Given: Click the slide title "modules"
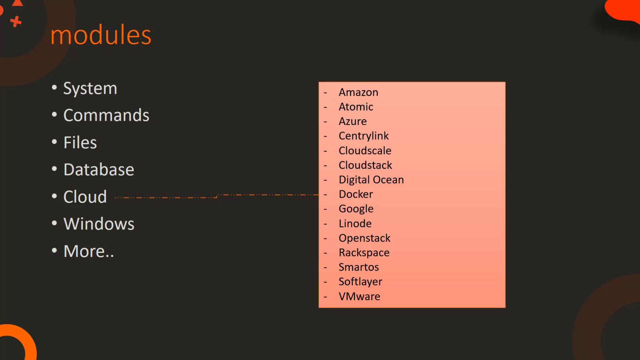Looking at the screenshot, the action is [x=101, y=35].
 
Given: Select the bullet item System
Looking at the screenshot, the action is [x=90, y=89].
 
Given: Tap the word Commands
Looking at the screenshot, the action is [x=106, y=115].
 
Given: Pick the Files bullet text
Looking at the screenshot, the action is [x=80, y=143].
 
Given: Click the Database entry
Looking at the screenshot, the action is [x=99, y=170].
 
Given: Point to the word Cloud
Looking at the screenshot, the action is [x=85, y=197].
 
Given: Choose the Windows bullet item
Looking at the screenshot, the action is [x=99, y=224].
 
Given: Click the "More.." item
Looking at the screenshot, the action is [x=89, y=251].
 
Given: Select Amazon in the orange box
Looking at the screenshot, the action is [x=358, y=92].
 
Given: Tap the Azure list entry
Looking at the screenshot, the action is [x=353, y=121].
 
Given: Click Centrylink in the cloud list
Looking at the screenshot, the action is [x=364, y=136].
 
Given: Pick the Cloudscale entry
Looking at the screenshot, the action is [x=365, y=151].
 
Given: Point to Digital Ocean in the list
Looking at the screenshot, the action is [x=371, y=180].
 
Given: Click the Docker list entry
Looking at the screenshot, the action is [x=356, y=194].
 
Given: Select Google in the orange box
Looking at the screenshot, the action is [x=356, y=209].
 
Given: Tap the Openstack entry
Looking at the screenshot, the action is [x=364, y=238].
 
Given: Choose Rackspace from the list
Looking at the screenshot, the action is [x=364, y=253].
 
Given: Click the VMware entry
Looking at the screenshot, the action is [x=359, y=297].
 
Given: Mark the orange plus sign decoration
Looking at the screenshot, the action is [x=16, y=22].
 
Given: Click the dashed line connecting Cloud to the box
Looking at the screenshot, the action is [x=217, y=196].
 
